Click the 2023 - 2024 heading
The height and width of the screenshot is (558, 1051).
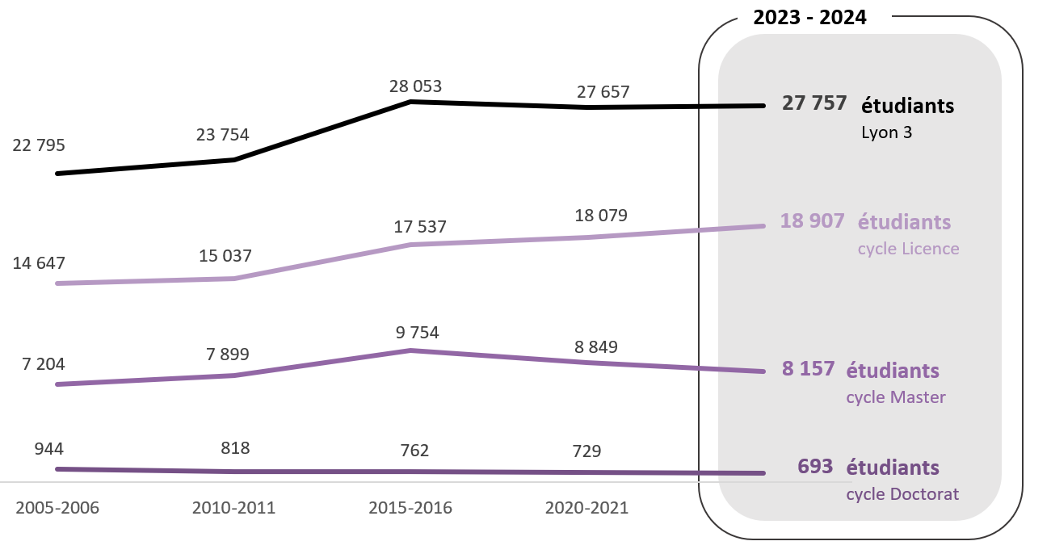[x=809, y=18]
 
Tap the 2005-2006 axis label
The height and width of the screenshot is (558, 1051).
[x=57, y=508]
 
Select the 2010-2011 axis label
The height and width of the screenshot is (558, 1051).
[x=233, y=508]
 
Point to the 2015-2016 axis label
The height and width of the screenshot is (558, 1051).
[x=410, y=508]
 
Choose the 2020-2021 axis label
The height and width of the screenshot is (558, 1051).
[x=586, y=508]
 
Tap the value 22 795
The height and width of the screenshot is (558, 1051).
[x=39, y=146]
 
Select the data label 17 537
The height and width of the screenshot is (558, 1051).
[x=420, y=228]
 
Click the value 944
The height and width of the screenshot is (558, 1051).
[x=49, y=450]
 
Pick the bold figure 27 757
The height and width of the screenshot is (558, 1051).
[x=814, y=103]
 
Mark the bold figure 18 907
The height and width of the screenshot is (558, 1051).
[x=812, y=220]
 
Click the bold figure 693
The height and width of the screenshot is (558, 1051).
[x=814, y=467]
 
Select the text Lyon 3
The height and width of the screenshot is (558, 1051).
[x=886, y=132]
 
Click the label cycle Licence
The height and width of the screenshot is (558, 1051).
[x=908, y=249]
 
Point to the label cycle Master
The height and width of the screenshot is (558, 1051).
[x=895, y=397]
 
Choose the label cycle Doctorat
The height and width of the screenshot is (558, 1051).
[x=902, y=494]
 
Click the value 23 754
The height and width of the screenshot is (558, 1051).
[x=223, y=135]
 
